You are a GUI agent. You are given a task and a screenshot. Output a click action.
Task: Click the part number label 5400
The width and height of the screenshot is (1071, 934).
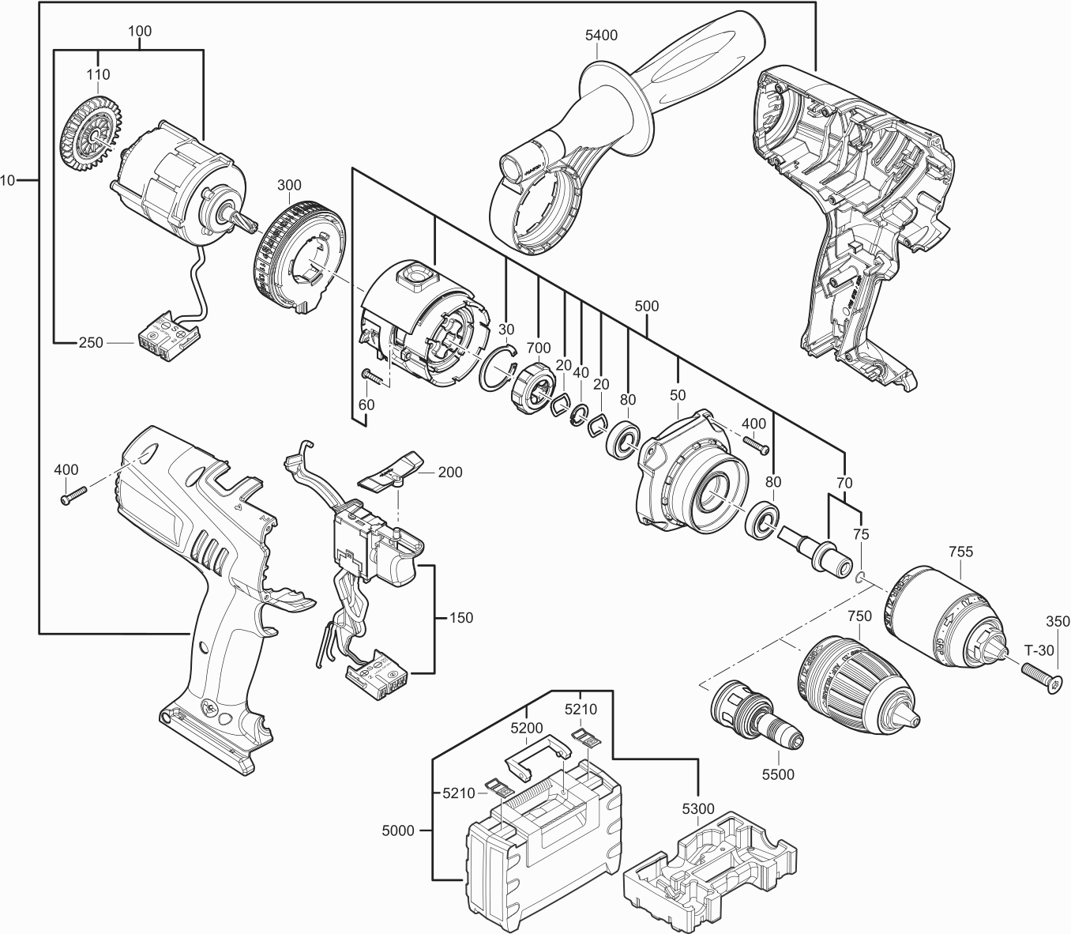pos(601,36)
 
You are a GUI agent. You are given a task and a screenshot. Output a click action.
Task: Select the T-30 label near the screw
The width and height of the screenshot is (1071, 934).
pos(1039,650)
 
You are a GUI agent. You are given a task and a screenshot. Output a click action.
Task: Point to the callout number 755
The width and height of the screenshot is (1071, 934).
pos(960,552)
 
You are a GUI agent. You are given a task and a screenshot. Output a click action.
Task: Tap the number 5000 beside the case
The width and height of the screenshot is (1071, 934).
pos(398,830)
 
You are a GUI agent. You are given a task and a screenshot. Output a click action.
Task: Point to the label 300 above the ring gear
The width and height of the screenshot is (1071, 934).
pos(289,185)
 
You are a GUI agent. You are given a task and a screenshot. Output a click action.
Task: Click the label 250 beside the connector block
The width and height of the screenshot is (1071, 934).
pos(90,343)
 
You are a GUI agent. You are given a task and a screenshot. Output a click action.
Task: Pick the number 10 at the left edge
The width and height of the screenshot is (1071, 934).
pos(8,181)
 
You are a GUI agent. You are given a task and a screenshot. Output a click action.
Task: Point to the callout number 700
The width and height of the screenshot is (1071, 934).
pos(539,346)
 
